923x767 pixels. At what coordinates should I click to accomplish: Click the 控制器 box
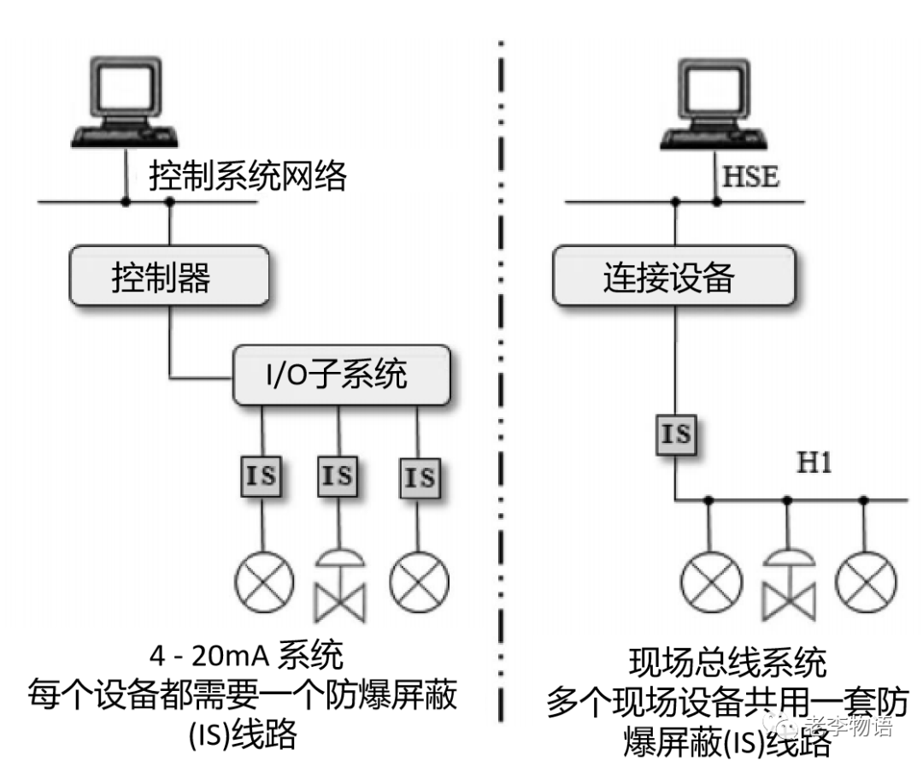[x=168, y=277]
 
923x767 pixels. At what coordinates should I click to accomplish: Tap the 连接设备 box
[x=675, y=277]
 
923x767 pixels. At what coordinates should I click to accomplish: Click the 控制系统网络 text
[x=248, y=177]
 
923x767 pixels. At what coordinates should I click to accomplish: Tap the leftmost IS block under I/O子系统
[x=261, y=476]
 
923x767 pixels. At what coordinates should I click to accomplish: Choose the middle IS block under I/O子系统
[x=338, y=475]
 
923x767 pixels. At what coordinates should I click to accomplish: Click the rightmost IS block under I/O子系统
[x=419, y=476]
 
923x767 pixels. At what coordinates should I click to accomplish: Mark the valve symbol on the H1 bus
[x=787, y=584]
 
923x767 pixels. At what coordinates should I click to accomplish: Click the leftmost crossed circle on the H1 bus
[x=709, y=580]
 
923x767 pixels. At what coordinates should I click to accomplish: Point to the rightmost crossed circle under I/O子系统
[x=419, y=581]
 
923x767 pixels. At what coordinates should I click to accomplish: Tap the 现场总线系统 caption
[x=727, y=663]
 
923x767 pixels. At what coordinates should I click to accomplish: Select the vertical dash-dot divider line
[x=501, y=385]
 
